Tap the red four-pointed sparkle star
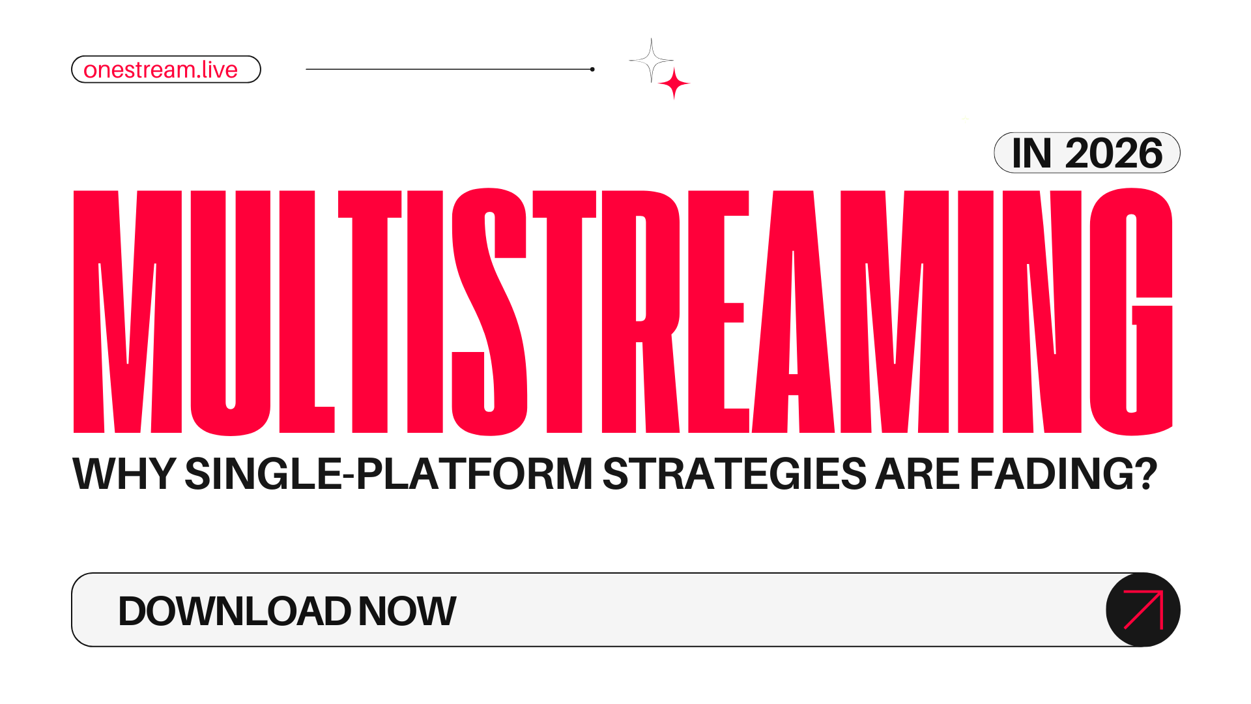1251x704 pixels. point(674,83)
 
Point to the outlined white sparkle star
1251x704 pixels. point(651,61)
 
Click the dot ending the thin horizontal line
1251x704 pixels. point(592,69)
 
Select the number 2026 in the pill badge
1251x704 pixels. point(1114,154)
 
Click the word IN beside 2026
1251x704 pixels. point(1031,154)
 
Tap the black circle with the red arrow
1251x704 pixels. point(1143,610)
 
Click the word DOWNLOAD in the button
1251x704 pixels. point(234,611)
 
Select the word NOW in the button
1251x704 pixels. point(407,611)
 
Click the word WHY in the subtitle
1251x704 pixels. point(124,474)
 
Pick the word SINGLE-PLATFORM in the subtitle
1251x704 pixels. point(388,474)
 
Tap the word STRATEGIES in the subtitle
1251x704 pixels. point(734,474)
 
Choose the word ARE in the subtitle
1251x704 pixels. point(917,474)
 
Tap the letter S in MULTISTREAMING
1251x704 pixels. point(489,313)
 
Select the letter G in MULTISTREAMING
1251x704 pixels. point(1130,313)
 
